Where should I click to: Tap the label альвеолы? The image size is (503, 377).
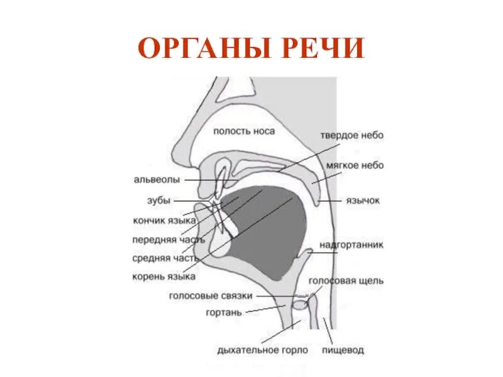pyautogui.click(x=157, y=180)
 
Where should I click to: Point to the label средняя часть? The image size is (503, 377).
pyautogui.click(x=165, y=258)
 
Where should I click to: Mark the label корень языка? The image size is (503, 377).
pyautogui.click(x=163, y=276)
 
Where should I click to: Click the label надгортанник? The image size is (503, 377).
pyautogui.click(x=351, y=244)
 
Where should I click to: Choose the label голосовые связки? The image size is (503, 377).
pyautogui.click(x=211, y=295)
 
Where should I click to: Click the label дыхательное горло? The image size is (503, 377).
pyautogui.click(x=262, y=350)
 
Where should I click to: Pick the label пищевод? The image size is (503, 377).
pyautogui.click(x=343, y=350)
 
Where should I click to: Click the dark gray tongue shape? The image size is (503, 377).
pyautogui.click(x=270, y=232)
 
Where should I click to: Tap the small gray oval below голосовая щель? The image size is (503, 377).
pyautogui.click(x=301, y=306)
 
